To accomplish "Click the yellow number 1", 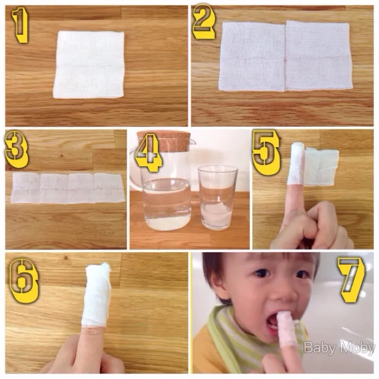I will point(21,25).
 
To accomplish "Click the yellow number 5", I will point(266,153).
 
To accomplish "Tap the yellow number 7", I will point(352,279).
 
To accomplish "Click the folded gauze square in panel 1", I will point(89,64).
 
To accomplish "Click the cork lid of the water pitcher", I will point(164,140).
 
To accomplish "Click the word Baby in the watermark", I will point(319,348).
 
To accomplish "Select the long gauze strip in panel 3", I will point(68,188).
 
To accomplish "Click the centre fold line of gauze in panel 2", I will point(285,56).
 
